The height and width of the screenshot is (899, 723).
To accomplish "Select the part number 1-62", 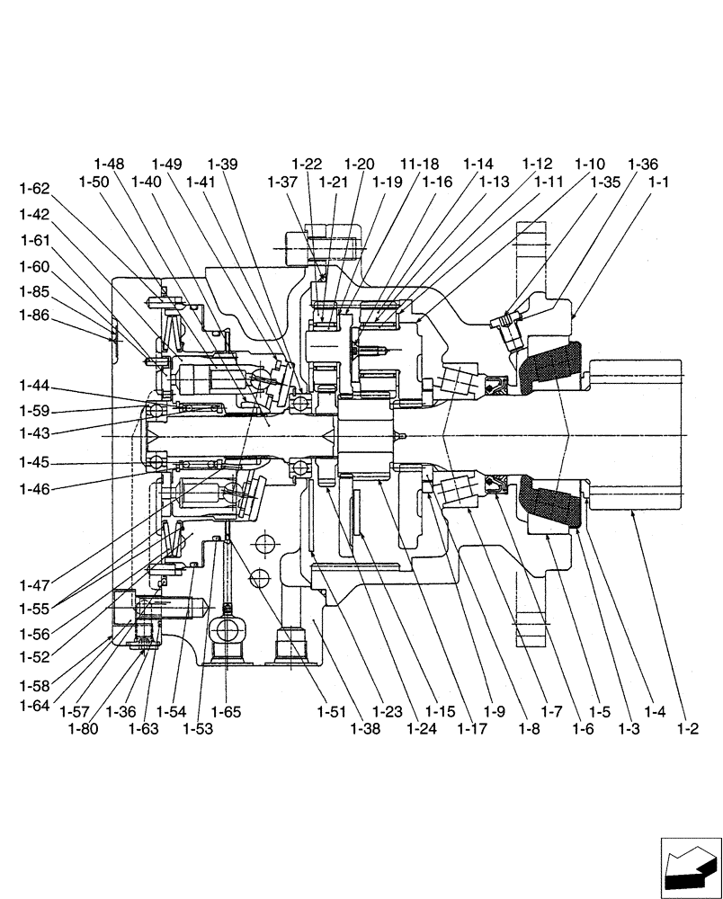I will [34, 189].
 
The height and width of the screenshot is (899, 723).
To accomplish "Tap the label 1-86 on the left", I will [34, 316].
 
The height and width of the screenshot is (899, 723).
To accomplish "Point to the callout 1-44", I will [34, 387].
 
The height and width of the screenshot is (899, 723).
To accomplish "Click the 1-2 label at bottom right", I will [688, 729].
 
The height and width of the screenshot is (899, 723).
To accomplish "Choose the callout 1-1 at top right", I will [659, 182].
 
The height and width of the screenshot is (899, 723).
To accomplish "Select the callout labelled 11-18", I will [420, 164].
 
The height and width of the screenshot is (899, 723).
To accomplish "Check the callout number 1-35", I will [605, 182].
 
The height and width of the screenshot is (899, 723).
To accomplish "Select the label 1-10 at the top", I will [590, 164].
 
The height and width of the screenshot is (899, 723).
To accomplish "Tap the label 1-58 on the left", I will [34, 685].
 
